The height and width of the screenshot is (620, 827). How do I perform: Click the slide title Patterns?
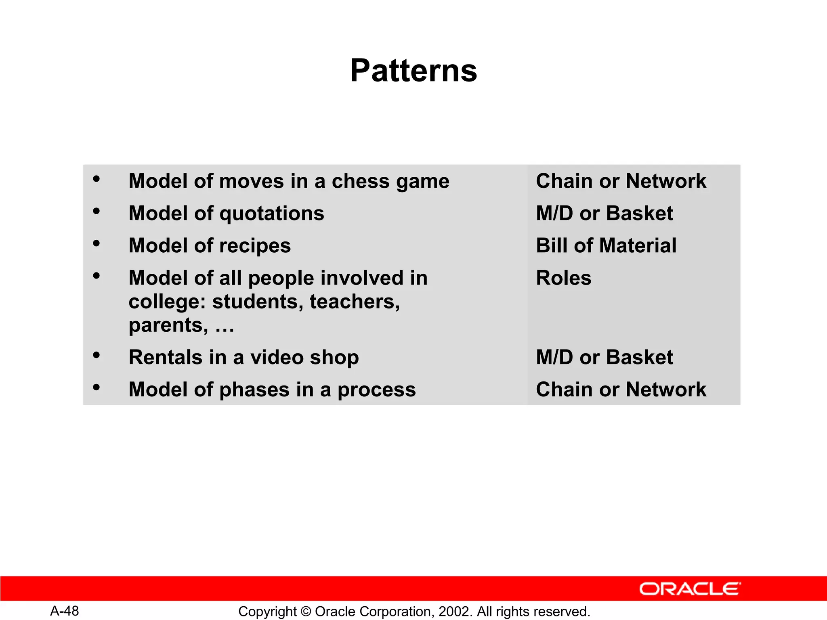pyautogui.click(x=413, y=71)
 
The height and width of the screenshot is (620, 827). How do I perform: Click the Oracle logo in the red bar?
pyautogui.click(x=690, y=589)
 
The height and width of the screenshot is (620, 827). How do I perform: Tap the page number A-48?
pyautogui.click(x=65, y=611)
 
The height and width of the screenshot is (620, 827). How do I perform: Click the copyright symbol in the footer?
pyautogui.click(x=306, y=612)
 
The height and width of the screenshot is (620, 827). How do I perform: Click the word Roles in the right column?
pyautogui.click(x=563, y=278)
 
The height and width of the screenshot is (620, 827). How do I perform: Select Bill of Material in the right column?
pyautogui.click(x=606, y=245)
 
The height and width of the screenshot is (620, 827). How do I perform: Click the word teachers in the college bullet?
pyautogui.click(x=355, y=302)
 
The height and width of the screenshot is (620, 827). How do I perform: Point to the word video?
pyautogui.click(x=277, y=357)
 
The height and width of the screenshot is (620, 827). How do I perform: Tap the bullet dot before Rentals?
pyautogui.click(x=96, y=355)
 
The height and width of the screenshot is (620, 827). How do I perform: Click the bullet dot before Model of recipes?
pyautogui.click(x=96, y=243)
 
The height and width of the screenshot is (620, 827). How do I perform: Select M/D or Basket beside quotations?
pyautogui.click(x=604, y=213)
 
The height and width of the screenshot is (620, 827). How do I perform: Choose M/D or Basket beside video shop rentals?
pyautogui.click(x=604, y=357)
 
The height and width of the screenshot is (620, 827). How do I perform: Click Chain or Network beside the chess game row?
pyautogui.click(x=621, y=181)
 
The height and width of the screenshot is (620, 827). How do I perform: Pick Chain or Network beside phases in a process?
pyautogui.click(x=621, y=390)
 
